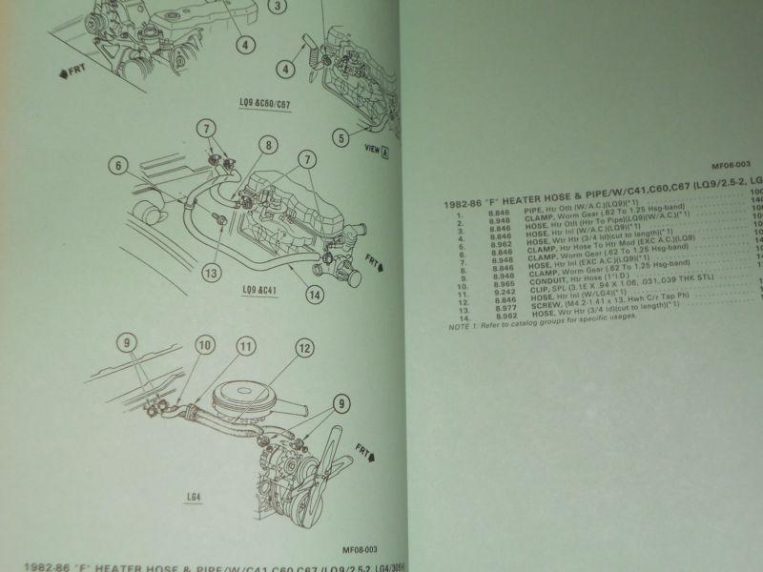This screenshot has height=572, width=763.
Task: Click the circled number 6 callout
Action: (119, 166)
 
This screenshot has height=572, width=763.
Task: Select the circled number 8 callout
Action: (268, 146)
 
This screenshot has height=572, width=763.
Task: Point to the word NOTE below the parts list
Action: (458, 327)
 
